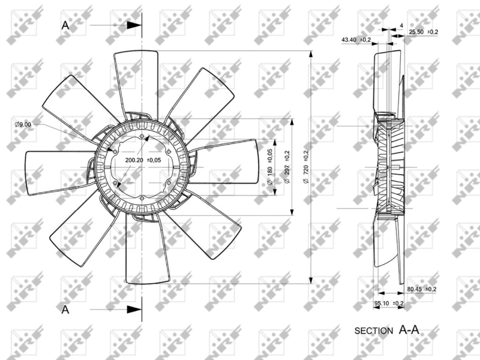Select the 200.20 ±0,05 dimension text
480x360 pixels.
143,160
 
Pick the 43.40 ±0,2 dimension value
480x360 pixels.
356,40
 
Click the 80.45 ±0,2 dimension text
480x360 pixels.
422,289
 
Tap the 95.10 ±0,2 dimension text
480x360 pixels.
389,304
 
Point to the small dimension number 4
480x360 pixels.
401,26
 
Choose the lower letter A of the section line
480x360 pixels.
66,310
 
